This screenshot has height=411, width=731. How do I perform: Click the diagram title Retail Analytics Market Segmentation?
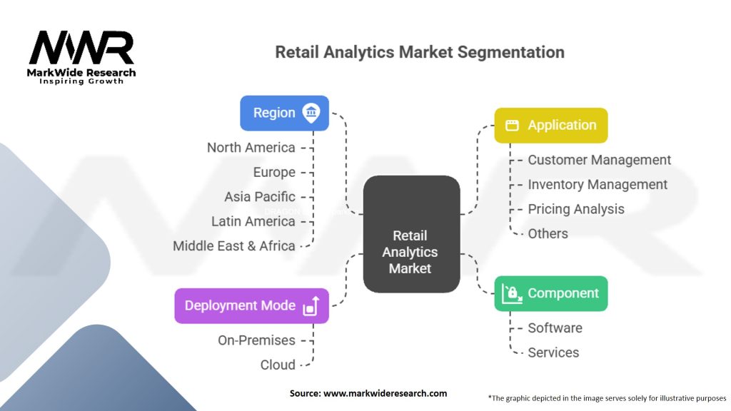pyautogui.click(x=420, y=52)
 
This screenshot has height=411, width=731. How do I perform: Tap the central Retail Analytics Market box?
pyautogui.click(x=410, y=234)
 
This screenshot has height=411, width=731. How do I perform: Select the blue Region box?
pyautogui.click(x=284, y=113)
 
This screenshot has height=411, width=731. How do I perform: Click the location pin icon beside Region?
pyautogui.click(x=311, y=113)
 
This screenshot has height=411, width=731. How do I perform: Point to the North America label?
pyautogui.click(x=251, y=148)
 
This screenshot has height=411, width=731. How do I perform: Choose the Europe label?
pyautogui.click(x=274, y=172)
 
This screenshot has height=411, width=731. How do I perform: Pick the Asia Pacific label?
pyautogui.click(x=260, y=196)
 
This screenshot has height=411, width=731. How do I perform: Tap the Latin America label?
pyautogui.click(x=253, y=221)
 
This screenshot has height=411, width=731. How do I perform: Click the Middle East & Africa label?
pyautogui.click(x=234, y=245)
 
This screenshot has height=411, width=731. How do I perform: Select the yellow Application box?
pyautogui.click(x=550, y=125)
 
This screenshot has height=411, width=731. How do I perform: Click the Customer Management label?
pyautogui.click(x=599, y=160)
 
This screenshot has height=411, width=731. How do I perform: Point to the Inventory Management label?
pyautogui.click(x=598, y=184)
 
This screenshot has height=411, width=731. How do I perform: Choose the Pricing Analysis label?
pyautogui.click(x=575, y=209)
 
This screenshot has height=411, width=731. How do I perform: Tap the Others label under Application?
pyautogui.click(x=548, y=233)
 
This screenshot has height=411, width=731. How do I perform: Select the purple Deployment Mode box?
pyautogui.click(x=251, y=305)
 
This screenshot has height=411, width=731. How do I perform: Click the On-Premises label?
pyautogui.click(x=256, y=340)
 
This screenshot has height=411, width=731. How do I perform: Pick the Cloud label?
pyautogui.click(x=278, y=365)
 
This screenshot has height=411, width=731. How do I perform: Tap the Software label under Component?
pyautogui.click(x=555, y=328)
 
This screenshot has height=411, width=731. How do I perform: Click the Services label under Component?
pyautogui.click(x=553, y=352)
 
